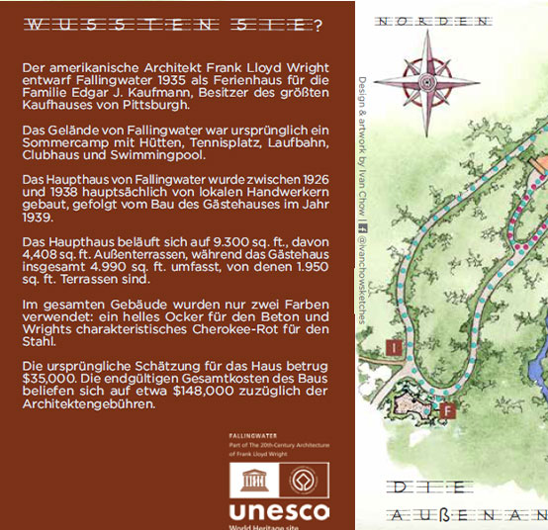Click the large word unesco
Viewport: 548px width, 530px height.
(x=278, y=512)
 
